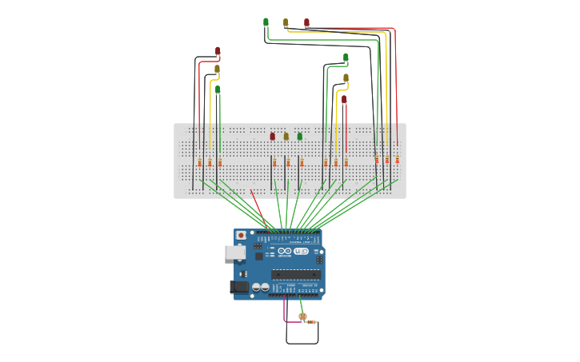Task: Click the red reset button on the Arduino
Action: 241,236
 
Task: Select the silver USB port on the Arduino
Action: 234,253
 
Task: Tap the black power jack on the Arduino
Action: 238,287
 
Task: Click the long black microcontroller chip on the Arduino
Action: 295,274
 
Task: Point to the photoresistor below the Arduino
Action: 302,316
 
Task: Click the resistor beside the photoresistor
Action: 312,322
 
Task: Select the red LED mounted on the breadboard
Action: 272,136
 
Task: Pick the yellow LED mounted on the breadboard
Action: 286,136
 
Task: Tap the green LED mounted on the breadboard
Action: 300,136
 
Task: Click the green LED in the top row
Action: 266,22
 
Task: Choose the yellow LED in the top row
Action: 286,23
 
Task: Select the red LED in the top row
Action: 306,23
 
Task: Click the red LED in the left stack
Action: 218,51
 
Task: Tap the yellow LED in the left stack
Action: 217,70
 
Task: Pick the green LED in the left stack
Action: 218,90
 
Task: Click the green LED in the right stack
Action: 346,58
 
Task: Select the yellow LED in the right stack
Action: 346,78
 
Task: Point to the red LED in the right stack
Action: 344,100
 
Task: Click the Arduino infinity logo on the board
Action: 300,251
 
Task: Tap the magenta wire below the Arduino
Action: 285,312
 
